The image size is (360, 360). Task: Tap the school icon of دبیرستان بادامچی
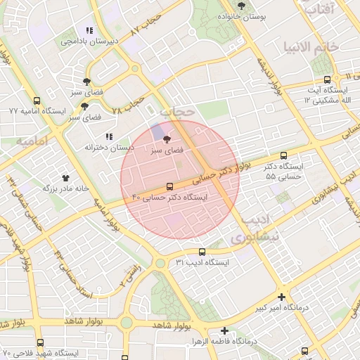click(x=89, y=30)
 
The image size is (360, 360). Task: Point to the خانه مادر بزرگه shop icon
click(x=67, y=178)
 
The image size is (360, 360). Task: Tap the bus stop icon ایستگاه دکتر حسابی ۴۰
click(x=169, y=186)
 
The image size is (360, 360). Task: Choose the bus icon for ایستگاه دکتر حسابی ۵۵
click(x=283, y=155)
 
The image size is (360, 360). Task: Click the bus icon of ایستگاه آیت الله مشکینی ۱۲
click(x=327, y=79)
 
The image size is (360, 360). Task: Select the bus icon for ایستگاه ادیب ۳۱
click(x=202, y=251)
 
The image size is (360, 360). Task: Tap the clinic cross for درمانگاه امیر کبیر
click(x=282, y=297)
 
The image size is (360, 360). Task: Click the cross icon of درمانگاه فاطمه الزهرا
click(x=224, y=330)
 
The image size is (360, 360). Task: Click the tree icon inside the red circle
click(x=167, y=139)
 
